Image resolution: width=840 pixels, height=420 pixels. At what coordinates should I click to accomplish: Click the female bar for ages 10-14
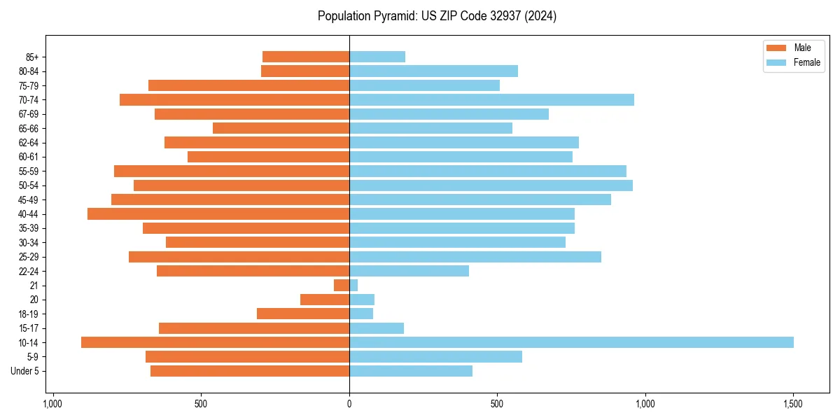pos(571,342)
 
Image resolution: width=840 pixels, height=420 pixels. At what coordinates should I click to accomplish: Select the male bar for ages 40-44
pos(218,213)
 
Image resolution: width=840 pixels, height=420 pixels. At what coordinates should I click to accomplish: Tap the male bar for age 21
pos(342,285)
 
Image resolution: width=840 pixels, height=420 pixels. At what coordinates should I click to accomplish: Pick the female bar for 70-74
pos(491,99)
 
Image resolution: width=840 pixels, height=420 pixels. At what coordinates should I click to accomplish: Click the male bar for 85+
pos(306,57)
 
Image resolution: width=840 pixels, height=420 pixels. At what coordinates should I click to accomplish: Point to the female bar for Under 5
pos(411,371)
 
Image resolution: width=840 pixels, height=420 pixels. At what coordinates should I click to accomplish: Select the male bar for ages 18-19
pos(303,314)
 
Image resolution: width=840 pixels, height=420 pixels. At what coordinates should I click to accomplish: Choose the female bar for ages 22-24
pos(409,271)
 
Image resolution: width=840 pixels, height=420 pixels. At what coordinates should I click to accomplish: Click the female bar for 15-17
pos(377,328)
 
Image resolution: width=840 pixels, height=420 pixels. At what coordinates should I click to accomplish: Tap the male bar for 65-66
pos(281,128)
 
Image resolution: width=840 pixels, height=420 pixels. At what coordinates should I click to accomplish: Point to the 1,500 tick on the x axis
pos(792,405)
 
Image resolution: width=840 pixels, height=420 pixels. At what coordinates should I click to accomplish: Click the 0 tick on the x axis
pos(349,405)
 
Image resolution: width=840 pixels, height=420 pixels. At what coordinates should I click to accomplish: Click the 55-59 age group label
pos(28,171)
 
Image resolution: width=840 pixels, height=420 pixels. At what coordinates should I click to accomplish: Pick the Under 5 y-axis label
pos(24,371)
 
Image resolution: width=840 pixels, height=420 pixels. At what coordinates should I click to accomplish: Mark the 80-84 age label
pos(28,71)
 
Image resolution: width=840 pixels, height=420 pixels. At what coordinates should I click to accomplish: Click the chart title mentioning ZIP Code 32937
pos(437,16)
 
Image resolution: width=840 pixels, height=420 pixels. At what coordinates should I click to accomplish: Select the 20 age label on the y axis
pos(34,300)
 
